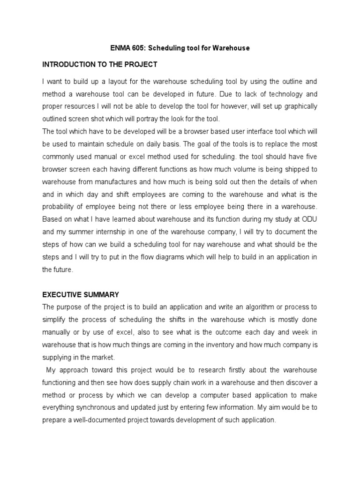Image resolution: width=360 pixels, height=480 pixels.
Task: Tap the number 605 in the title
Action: point(140,48)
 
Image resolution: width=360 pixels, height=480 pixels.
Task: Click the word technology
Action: point(282,93)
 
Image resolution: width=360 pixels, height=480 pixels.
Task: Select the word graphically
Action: point(298,105)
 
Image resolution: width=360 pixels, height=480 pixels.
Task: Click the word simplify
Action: point(55,319)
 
